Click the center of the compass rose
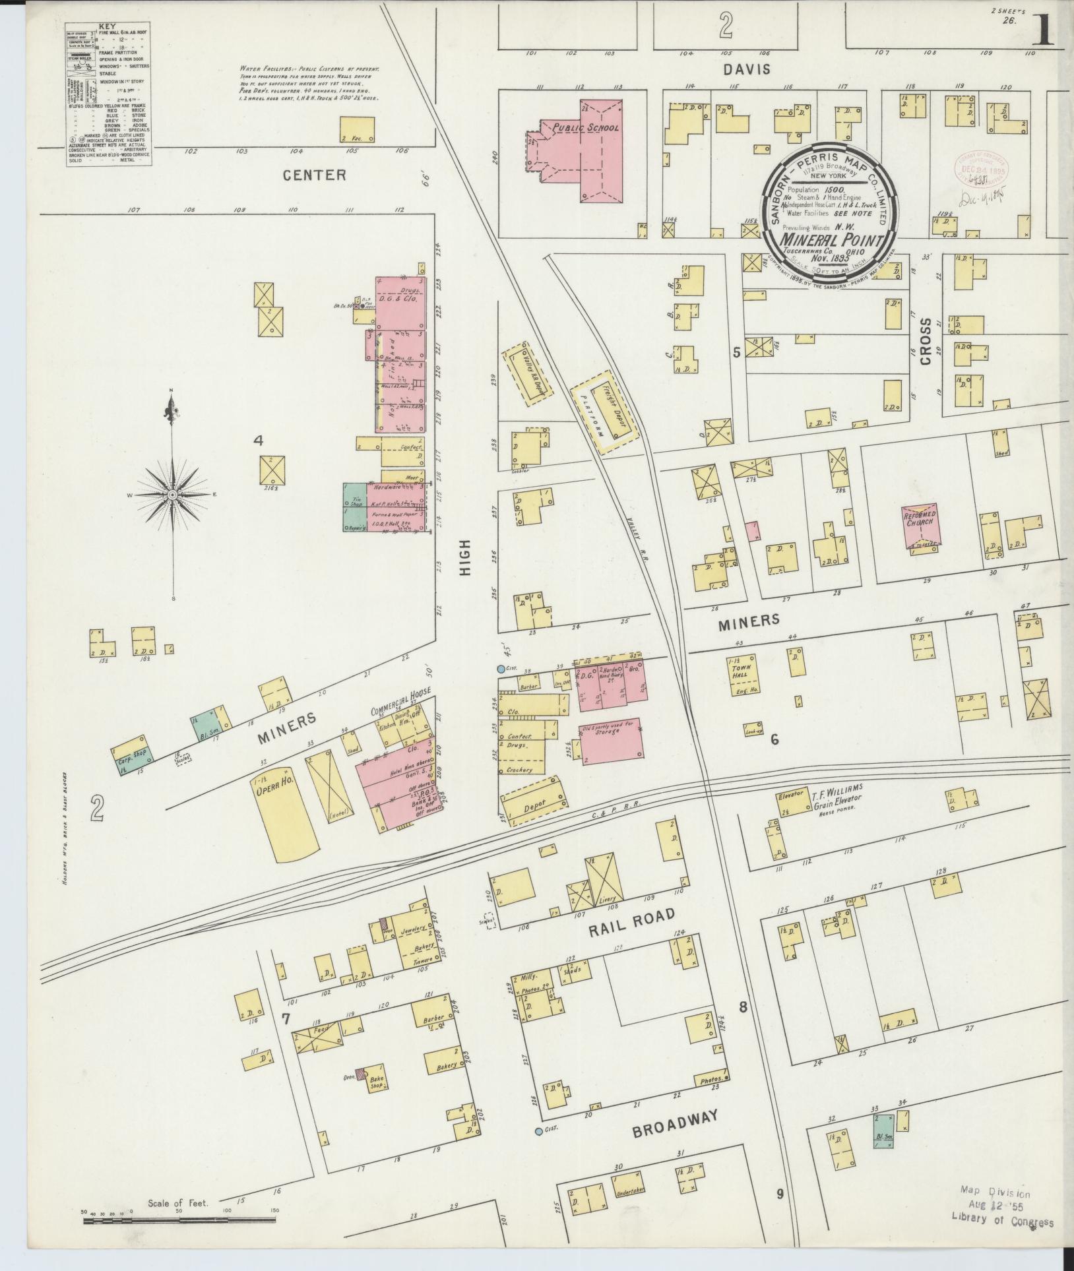[x=172, y=494]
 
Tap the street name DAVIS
[x=745, y=69]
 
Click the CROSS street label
[x=926, y=342]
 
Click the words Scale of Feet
[x=178, y=1203]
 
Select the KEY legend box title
[x=106, y=27]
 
